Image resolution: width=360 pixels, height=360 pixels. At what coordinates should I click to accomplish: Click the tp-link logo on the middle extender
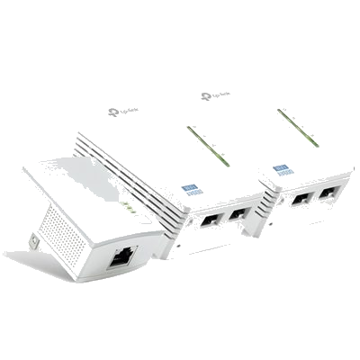pos(124,112)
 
